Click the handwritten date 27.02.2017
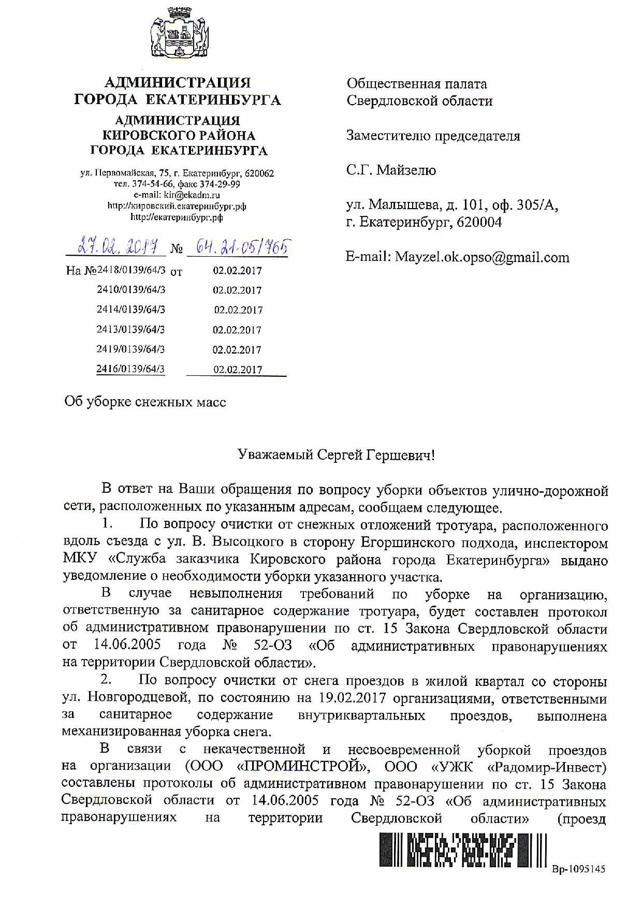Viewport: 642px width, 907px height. (x=118, y=247)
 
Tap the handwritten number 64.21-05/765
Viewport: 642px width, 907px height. (x=238, y=247)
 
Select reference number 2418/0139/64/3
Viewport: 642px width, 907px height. (x=132, y=270)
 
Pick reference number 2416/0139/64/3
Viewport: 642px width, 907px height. (x=130, y=369)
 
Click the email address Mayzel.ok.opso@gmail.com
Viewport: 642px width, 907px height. (x=481, y=257)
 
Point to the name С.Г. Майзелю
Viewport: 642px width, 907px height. (x=391, y=170)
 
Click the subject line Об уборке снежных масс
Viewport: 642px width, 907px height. (x=145, y=402)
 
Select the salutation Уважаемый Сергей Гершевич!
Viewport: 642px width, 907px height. (x=336, y=455)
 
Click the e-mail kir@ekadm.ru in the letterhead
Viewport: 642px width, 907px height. (x=192, y=195)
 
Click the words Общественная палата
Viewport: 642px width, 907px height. (x=417, y=84)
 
